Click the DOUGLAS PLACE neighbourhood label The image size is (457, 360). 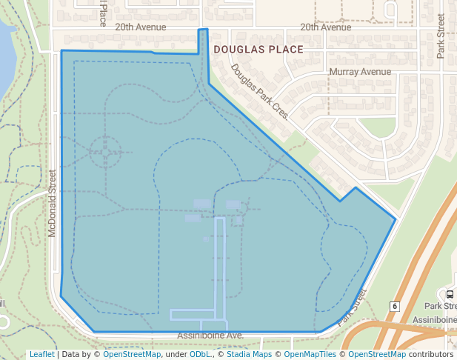click(258, 50)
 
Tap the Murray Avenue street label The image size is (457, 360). click(359, 72)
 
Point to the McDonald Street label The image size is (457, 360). click(52, 203)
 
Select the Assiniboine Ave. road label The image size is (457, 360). click(210, 336)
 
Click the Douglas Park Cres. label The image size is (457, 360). click(259, 93)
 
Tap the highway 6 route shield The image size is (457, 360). click(396, 307)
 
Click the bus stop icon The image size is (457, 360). click(450, 294)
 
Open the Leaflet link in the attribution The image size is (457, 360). click(41, 354)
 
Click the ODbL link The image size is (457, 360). click(200, 354)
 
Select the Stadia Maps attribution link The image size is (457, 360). click(248, 354)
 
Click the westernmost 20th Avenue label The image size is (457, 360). click(141, 27)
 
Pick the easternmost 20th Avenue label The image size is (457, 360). click(325, 27)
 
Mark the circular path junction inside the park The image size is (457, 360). click(104, 153)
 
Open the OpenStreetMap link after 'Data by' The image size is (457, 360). click(131, 354)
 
